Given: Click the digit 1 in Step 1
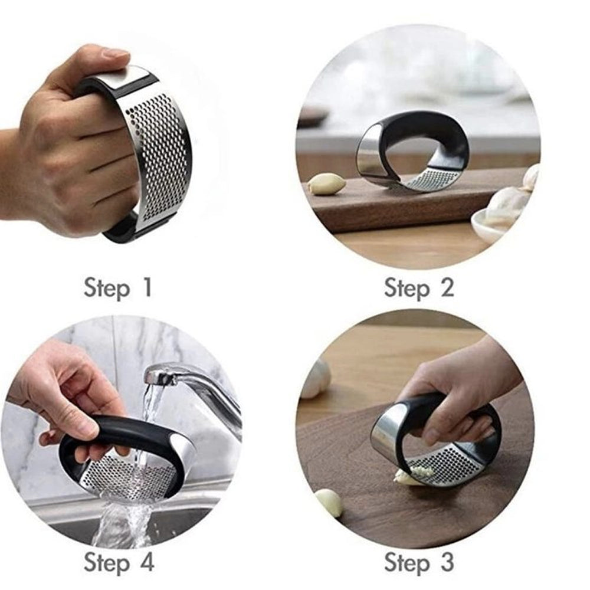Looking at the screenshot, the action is point(147,287).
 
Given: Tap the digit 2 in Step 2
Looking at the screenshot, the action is point(447,287).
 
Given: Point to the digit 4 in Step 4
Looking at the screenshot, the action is point(147,562).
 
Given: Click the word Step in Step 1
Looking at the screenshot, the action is point(106,289).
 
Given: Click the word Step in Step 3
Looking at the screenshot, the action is point(407,563).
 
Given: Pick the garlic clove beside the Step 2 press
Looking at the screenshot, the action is point(326,183).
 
